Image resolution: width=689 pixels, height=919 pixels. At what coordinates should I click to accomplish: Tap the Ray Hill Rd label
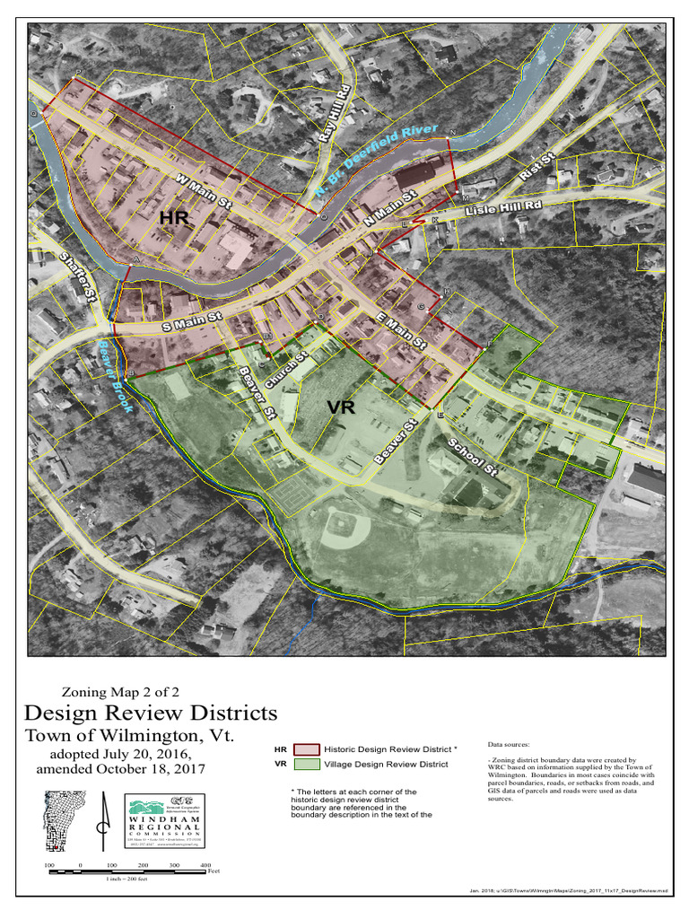click(x=333, y=114)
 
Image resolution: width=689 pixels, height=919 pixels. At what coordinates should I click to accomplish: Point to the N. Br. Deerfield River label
click(x=377, y=162)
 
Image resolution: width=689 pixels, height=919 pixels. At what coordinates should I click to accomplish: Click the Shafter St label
click(x=78, y=275)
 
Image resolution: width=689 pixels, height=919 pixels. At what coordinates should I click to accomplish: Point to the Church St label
click(x=286, y=368)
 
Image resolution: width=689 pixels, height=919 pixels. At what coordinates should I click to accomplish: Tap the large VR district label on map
click(x=341, y=407)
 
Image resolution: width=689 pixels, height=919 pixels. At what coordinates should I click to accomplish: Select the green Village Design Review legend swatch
click(x=307, y=765)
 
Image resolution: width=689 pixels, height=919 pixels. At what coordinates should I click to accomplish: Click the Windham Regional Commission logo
click(x=164, y=819)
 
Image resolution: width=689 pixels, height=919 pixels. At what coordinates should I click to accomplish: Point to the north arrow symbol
click(x=106, y=823)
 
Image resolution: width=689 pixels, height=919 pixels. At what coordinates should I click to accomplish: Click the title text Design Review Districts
click(x=151, y=713)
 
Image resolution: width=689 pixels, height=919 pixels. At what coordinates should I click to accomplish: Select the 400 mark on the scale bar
click(x=205, y=864)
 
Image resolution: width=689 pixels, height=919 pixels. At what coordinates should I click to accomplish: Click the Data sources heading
click(x=509, y=744)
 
